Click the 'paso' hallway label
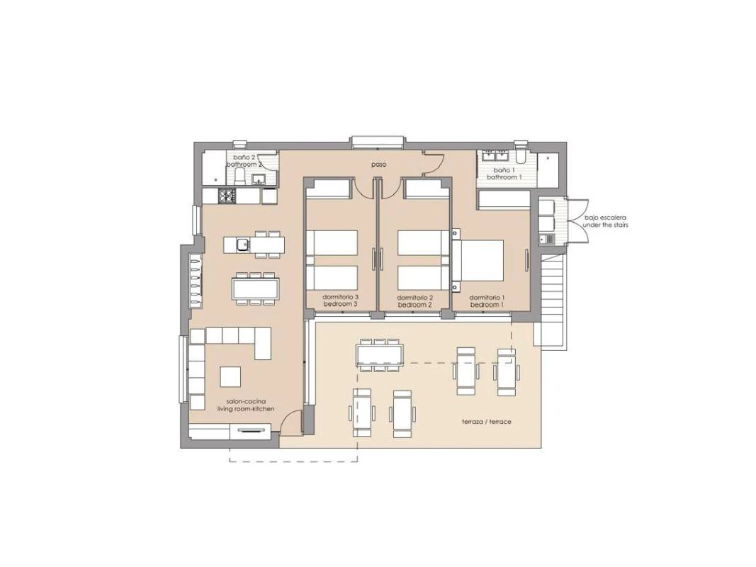(x=379, y=164)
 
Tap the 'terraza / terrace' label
(x=486, y=422)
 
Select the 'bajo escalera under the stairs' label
(x=605, y=221)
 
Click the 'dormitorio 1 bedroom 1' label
(x=487, y=301)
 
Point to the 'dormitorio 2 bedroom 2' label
(x=414, y=301)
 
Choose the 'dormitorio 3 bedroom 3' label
(x=340, y=301)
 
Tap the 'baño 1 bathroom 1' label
(x=504, y=174)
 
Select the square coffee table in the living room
(x=230, y=376)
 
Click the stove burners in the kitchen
(x=227, y=196)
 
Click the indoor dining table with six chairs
(x=255, y=288)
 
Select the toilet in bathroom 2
(x=239, y=178)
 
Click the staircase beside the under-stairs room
(x=552, y=298)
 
